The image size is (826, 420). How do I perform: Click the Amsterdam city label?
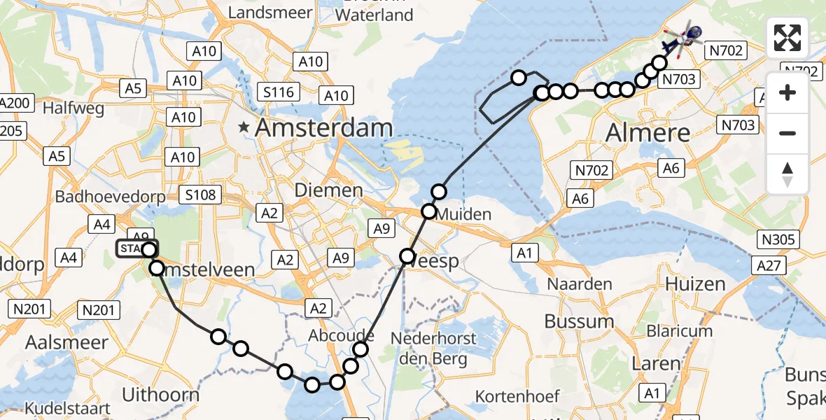[324, 128]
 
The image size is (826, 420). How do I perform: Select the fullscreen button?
[787, 38]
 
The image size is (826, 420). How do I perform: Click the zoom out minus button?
[787, 133]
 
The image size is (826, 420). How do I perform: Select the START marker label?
[133, 249]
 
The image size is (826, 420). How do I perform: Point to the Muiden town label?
[461, 213]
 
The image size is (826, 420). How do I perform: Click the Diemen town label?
[328, 190]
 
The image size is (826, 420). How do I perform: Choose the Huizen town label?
[695, 283]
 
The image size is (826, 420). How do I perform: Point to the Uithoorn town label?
[160, 394]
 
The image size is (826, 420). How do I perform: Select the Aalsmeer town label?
[67, 342]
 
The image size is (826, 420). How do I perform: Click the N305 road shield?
[778, 240]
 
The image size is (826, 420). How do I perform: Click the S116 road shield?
[278, 92]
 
